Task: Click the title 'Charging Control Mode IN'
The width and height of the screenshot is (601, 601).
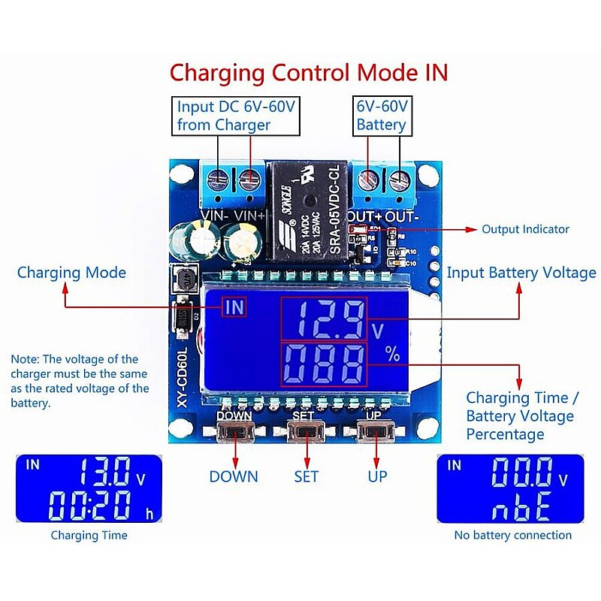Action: (308, 73)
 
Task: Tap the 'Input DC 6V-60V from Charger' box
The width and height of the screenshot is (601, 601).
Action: (236, 115)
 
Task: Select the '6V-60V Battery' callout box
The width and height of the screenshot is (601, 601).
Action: (382, 115)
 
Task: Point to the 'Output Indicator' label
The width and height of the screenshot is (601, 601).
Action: (525, 229)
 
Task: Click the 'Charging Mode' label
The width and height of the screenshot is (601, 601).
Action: (71, 272)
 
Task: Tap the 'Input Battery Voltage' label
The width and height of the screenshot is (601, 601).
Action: (521, 273)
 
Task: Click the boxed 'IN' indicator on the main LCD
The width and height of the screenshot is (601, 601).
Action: (234, 307)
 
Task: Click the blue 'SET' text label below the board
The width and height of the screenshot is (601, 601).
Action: (306, 476)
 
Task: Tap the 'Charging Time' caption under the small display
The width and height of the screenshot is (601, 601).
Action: (89, 536)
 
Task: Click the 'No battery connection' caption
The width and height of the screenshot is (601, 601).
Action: (512, 536)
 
